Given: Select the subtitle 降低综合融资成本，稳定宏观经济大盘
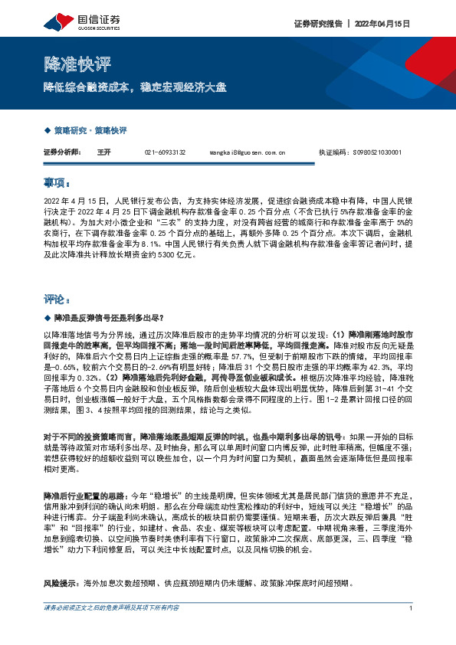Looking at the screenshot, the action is [x=134, y=87].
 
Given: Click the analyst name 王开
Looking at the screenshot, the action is [x=105, y=152].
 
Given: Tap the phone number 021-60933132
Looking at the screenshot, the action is [x=165, y=152].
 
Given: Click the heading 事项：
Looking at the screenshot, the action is [x=57, y=184].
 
